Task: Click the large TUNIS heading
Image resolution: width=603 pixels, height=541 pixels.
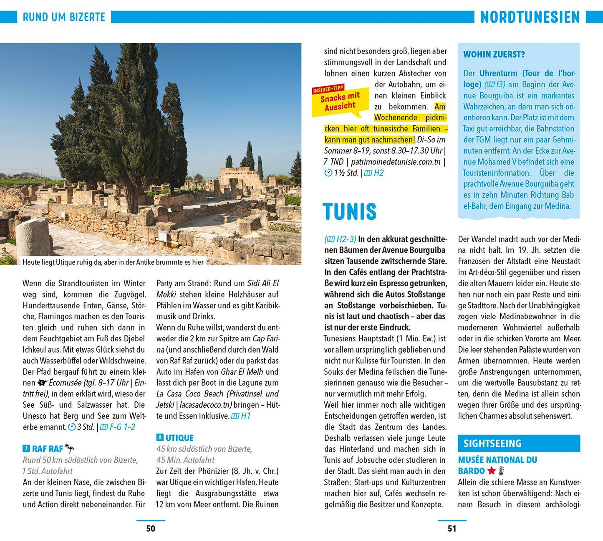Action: click(349, 211)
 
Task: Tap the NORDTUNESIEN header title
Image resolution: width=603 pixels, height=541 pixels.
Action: click(530, 17)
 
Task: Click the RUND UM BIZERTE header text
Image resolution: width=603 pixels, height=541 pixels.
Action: click(64, 17)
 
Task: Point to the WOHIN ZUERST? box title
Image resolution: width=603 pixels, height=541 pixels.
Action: click(494, 54)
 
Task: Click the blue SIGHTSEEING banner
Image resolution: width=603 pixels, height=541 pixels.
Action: click(519, 443)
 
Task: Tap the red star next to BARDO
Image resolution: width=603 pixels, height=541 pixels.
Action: click(492, 471)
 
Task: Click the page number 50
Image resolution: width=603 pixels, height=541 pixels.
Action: click(151, 528)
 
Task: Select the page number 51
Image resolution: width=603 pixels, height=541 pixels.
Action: click(452, 528)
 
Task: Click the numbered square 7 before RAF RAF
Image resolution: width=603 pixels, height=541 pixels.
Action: click(26, 449)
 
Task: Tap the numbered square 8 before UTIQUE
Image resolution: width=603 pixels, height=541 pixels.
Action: click(160, 438)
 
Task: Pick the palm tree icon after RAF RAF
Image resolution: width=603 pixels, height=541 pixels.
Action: click(70, 449)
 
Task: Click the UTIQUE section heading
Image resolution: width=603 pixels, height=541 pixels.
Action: click(179, 438)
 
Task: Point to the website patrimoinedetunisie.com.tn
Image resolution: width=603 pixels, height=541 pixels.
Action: click(396, 162)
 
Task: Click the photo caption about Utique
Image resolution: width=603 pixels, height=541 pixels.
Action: click(113, 262)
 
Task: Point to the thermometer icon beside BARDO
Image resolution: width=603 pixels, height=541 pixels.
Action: click(502, 471)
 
